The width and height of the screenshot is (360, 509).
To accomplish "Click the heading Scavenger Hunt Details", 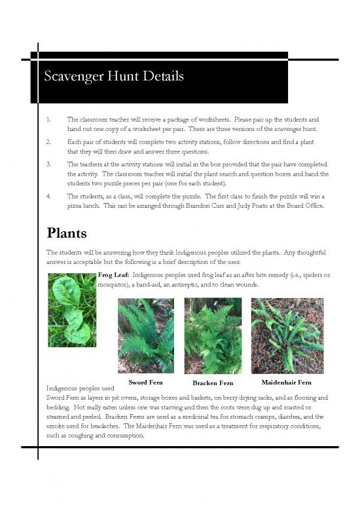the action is (114, 77).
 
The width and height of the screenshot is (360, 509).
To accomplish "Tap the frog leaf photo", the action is (72, 310).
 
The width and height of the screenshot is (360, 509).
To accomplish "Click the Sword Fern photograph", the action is (145, 335).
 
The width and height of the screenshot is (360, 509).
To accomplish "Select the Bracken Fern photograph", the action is (213, 335).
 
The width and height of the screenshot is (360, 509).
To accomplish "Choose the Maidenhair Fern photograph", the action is (287, 335).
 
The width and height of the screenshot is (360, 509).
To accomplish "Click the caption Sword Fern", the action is (145, 382).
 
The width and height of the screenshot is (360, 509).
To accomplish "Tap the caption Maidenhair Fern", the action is (286, 382).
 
